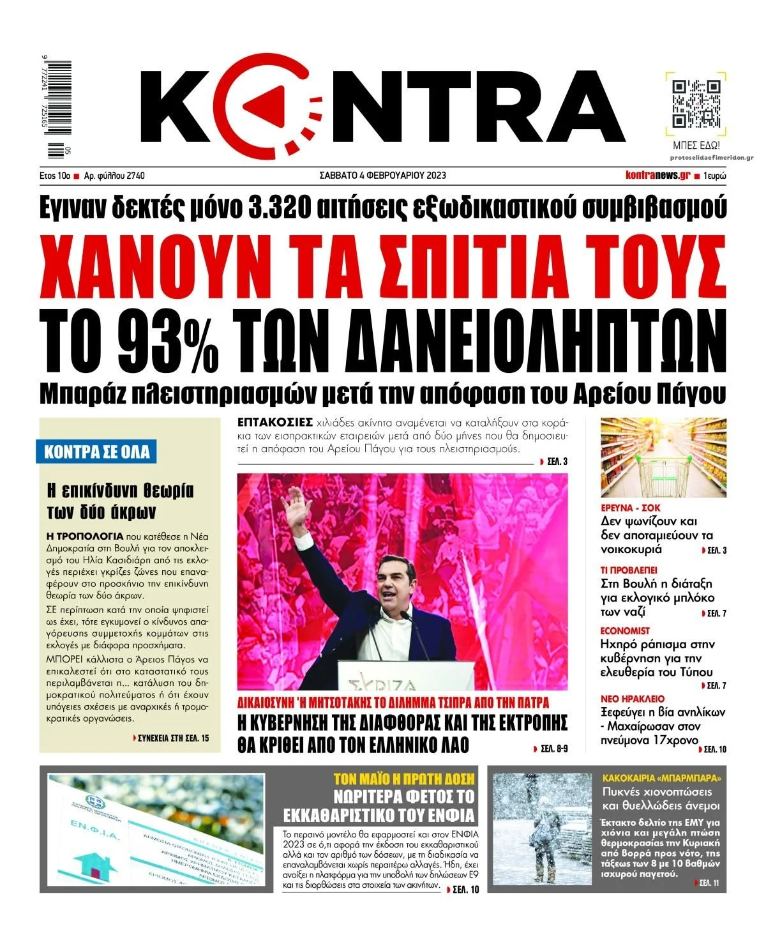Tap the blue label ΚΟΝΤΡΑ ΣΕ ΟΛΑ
(96, 452)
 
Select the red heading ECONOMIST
(625, 631)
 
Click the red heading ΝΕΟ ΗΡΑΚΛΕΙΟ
(633, 699)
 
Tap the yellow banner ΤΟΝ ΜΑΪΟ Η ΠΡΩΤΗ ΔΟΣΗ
(405, 779)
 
